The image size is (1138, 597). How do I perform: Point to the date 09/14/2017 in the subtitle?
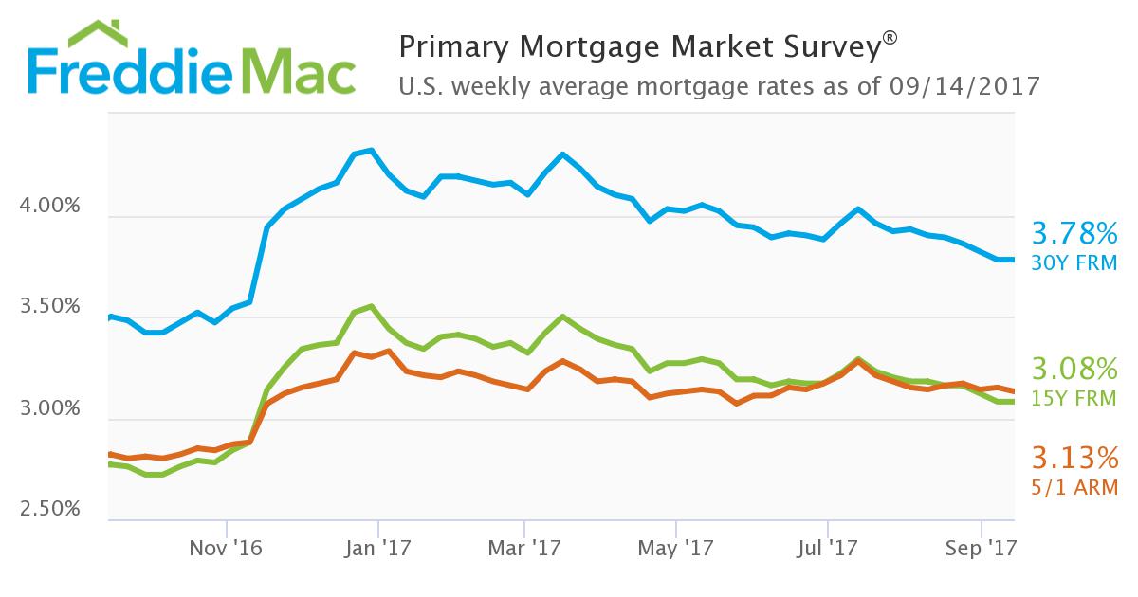tap(965, 86)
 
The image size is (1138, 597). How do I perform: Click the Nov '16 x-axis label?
tap(226, 547)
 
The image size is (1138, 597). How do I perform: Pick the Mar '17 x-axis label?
tap(524, 547)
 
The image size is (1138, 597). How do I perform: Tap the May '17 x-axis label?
tap(676, 547)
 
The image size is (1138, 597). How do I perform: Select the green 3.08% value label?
tap(1074, 369)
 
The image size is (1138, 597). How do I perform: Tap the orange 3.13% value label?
tap(1074, 460)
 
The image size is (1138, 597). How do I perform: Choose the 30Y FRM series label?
tap(1074, 262)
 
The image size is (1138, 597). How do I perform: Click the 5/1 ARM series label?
tap(1074, 487)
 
